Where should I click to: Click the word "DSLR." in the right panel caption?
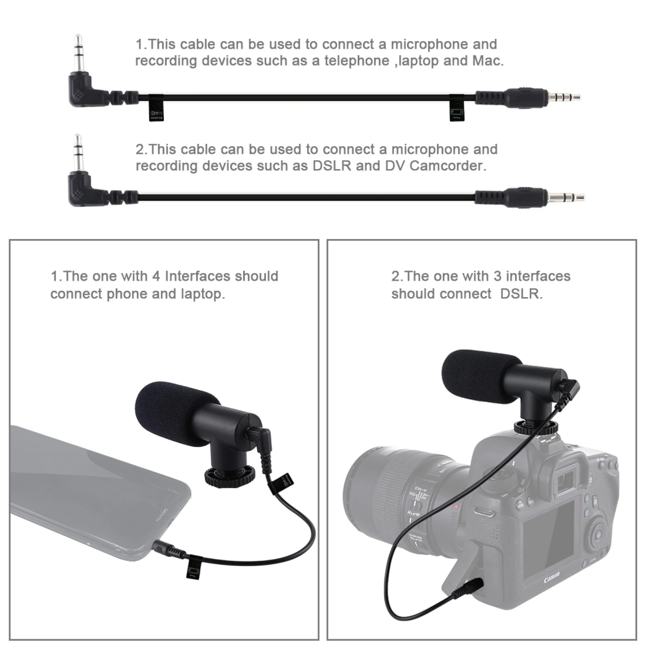(x=521, y=294)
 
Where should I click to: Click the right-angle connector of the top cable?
(x=83, y=87)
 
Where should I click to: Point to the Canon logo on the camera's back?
(x=552, y=578)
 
